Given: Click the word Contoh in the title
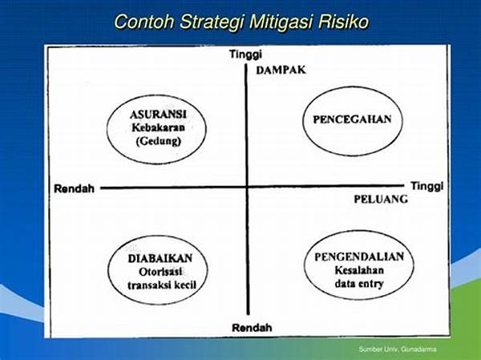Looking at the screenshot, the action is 144,22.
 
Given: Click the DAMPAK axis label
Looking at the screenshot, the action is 281,70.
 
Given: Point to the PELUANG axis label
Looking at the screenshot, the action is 381,199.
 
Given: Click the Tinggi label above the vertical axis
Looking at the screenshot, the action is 246,55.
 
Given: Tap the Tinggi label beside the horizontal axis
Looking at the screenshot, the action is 427,186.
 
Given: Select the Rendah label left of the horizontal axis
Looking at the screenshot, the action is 74,188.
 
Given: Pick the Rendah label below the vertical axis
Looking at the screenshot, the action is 252,327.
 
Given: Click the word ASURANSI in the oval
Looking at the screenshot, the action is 158,115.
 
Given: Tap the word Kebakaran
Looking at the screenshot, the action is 158,127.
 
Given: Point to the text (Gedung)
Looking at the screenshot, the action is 158,141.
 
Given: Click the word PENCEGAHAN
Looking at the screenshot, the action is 352,119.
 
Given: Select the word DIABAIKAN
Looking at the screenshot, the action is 160,258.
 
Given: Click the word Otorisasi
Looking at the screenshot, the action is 160,272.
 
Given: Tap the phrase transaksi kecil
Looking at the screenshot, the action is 162,285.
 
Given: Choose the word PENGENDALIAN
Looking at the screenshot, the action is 359,257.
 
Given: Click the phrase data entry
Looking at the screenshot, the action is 359,284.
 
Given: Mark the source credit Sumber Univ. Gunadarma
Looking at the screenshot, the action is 398,349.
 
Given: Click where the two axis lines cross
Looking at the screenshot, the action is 247,187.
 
